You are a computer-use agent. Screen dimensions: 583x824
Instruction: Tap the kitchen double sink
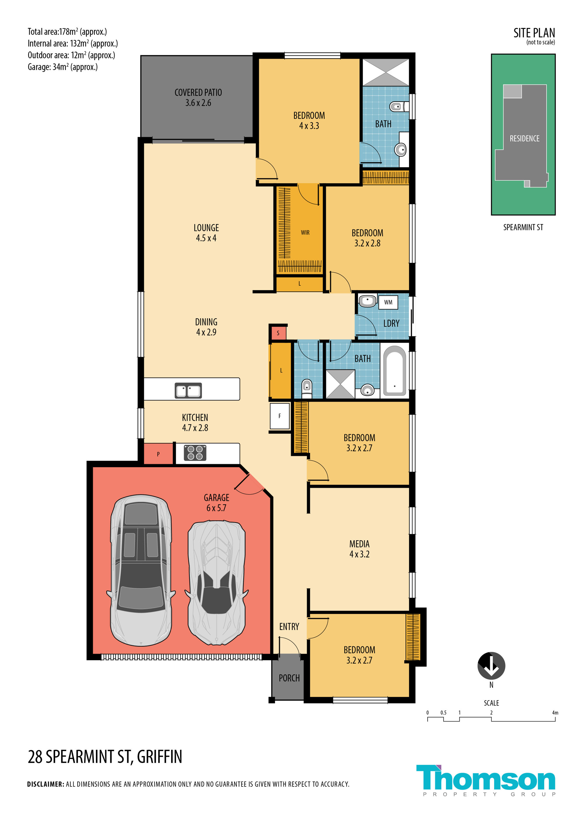(188, 391)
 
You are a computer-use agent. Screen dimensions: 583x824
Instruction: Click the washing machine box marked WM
(388, 302)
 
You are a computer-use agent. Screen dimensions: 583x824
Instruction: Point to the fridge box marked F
(280, 416)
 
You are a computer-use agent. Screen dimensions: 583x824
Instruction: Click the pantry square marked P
(158, 454)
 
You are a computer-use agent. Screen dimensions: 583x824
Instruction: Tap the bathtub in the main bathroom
(394, 371)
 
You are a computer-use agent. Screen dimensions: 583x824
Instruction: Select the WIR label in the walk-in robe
(305, 232)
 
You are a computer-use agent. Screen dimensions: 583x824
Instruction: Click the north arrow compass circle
(491, 666)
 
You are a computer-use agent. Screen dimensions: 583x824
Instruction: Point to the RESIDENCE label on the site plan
(524, 139)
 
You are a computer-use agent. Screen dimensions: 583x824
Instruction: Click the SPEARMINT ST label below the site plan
(523, 227)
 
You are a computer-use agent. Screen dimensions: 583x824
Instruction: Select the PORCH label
(289, 678)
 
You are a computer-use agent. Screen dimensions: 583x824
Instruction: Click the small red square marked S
(278, 333)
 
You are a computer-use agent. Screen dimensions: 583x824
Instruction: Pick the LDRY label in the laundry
(391, 323)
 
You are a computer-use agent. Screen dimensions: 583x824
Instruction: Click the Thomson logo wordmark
(486, 777)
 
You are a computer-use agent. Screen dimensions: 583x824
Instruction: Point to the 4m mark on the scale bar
(555, 713)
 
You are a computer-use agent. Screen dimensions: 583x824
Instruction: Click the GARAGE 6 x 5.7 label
(216, 502)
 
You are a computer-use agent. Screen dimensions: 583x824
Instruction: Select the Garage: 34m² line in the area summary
(62, 67)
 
